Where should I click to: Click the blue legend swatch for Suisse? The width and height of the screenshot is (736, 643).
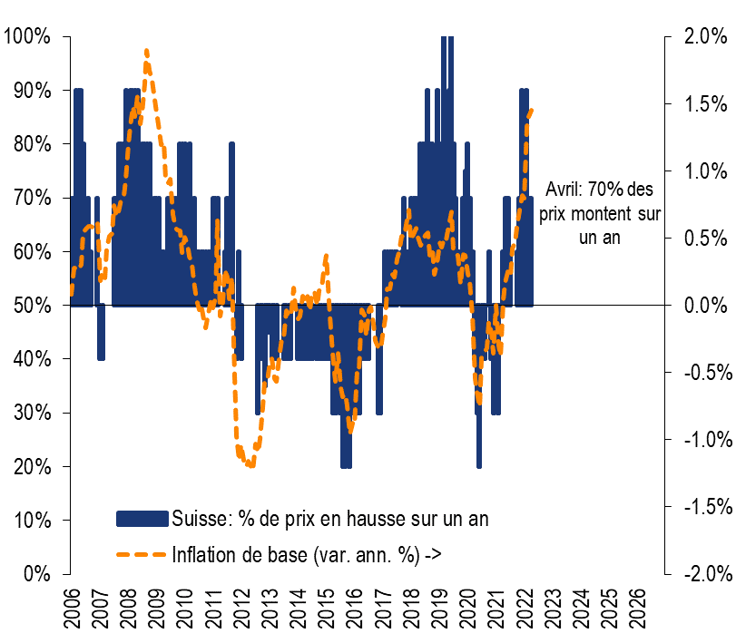142,519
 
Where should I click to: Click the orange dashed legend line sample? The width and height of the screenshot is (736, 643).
142,553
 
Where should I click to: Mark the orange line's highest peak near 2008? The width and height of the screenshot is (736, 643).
147,52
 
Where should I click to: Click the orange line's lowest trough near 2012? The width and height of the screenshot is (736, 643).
250,465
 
